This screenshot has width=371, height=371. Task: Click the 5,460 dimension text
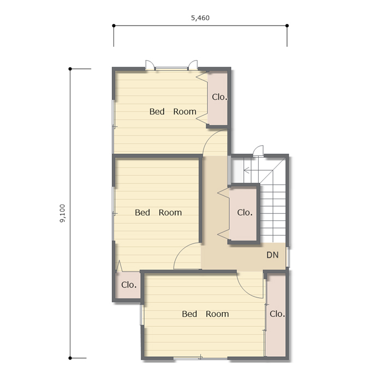(x=200, y=18)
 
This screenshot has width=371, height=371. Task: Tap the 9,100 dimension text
(x=62, y=213)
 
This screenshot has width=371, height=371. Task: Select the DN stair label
(x=272, y=255)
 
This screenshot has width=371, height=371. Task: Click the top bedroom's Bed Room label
(x=173, y=111)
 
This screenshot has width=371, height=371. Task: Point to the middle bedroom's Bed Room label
(x=158, y=212)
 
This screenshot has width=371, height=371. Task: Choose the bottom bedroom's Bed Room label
(x=205, y=314)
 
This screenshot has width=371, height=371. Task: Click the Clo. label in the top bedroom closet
(x=219, y=97)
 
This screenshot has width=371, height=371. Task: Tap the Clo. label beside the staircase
(x=244, y=212)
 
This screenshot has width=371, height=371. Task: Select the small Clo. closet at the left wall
(x=129, y=285)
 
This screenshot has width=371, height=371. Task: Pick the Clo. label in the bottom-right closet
(x=277, y=314)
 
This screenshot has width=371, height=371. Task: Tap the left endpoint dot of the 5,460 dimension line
(x=114, y=26)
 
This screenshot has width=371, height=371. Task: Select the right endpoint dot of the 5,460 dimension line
(x=287, y=26)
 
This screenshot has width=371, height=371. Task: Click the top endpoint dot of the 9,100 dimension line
(x=70, y=69)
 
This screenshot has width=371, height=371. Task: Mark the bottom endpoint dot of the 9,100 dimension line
(x=70, y=358)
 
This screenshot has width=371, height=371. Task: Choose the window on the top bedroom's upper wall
(x=171, y=69)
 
